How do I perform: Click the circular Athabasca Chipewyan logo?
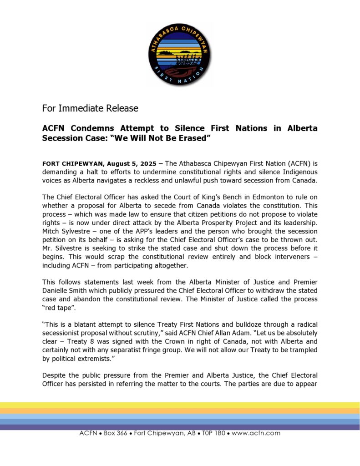[x=180, y=55]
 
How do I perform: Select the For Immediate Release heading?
[x=90, y=108]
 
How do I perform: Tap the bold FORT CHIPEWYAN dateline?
[x=73, y=163]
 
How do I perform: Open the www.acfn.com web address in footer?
[x=256, y=433]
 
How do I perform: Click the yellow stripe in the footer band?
[x=180, y=405]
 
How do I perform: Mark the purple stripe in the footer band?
[x=180, y=427]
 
